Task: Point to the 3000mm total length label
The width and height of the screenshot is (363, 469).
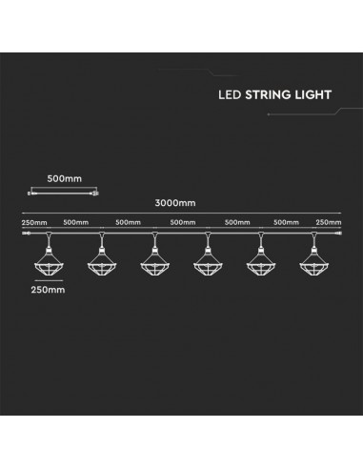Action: [180, 201]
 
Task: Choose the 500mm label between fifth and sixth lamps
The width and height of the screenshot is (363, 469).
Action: [286, 223]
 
